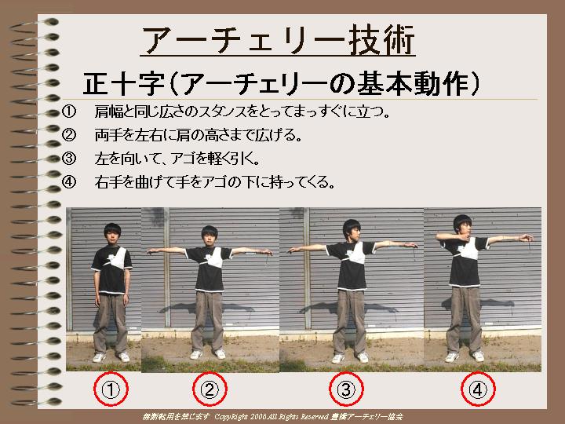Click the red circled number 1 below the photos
[111, 389]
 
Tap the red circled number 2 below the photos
[210, 389]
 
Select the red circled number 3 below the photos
[346, 389]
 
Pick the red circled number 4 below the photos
[478, 389]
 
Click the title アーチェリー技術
[278, 40]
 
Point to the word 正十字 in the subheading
[124, 84]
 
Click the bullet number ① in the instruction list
[69, 111]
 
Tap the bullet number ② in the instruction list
[69, 135]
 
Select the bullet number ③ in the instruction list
[69, 159]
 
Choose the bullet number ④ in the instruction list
[69, 181]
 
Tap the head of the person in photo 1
[112, 234]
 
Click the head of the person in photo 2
[210, 236]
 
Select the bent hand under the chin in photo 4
[463, 237]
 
